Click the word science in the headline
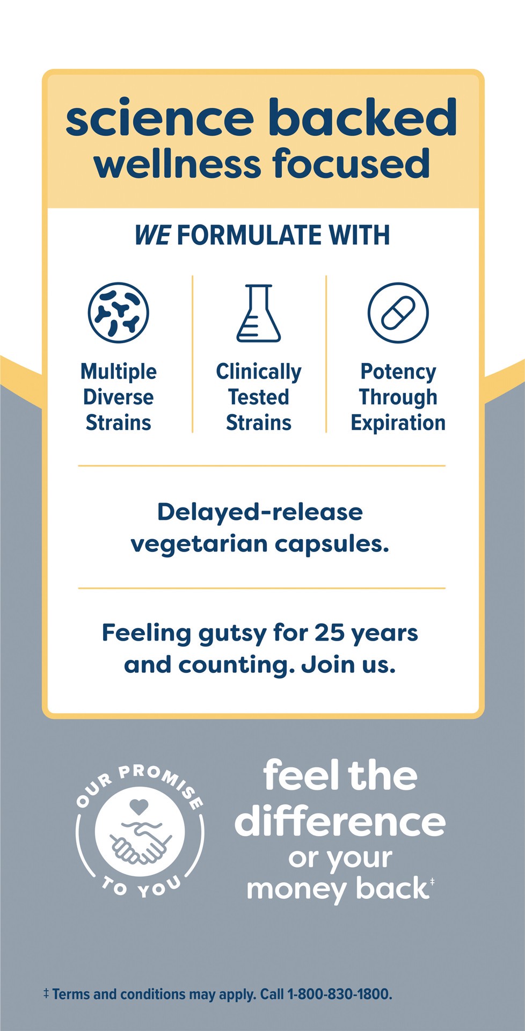click(159, 118)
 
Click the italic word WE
click(152, 236)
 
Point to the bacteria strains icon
click(118, 313)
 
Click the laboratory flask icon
click(258, 314)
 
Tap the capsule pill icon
click(398, 313)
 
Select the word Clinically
click(258, 372)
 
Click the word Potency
click(398, 372)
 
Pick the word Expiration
click(398, 423)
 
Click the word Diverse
click(118, 397)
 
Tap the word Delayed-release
click(260, 512)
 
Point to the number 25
click(329, 633)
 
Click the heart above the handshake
click(139, 806)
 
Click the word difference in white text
click(340, 822)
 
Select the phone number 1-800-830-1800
click(339, 994)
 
